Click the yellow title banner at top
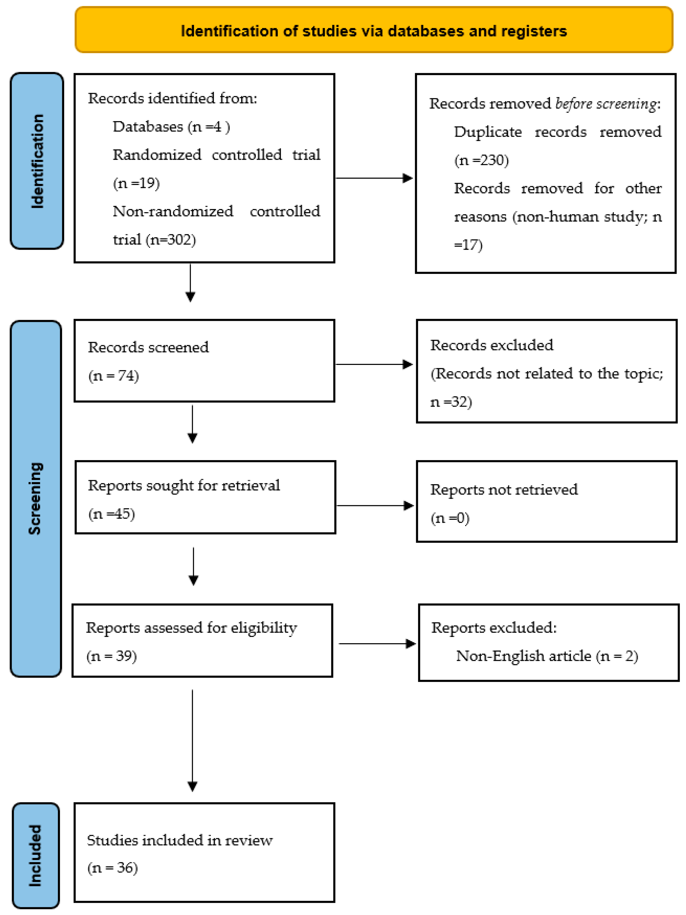(x=374, y=30)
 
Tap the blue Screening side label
(x=36, y=498)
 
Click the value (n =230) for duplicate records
(x=481, y=160)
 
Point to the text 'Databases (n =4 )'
(x=171, y=127)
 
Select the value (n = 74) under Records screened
(x=113, y=375)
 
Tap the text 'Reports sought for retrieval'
(x=184, y=485)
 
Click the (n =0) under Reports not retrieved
(x=450, y=518)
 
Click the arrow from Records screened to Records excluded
(x=374, y=364)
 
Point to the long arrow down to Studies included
(x=193, y=740)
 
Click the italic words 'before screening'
(x=605, y=103)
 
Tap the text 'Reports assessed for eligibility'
(x=191, y=628)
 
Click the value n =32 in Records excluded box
(x=451, y=402)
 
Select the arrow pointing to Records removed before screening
(x=374, y=178)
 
